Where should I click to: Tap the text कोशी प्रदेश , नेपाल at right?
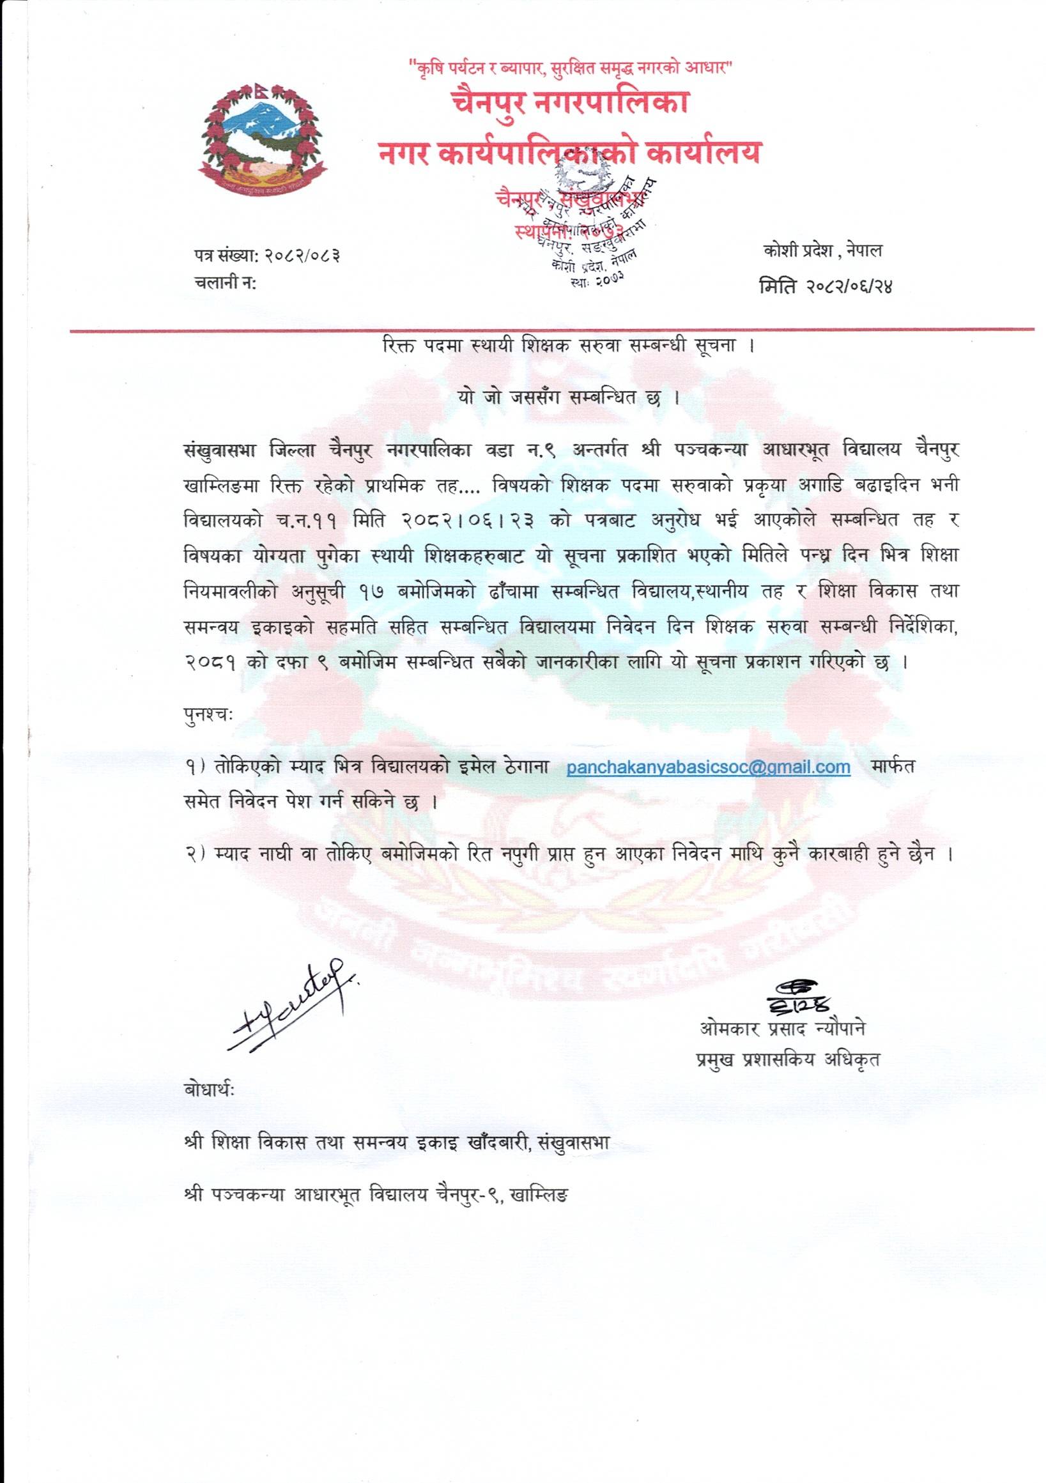[822, 251]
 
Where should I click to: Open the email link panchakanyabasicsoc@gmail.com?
[708, 767]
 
